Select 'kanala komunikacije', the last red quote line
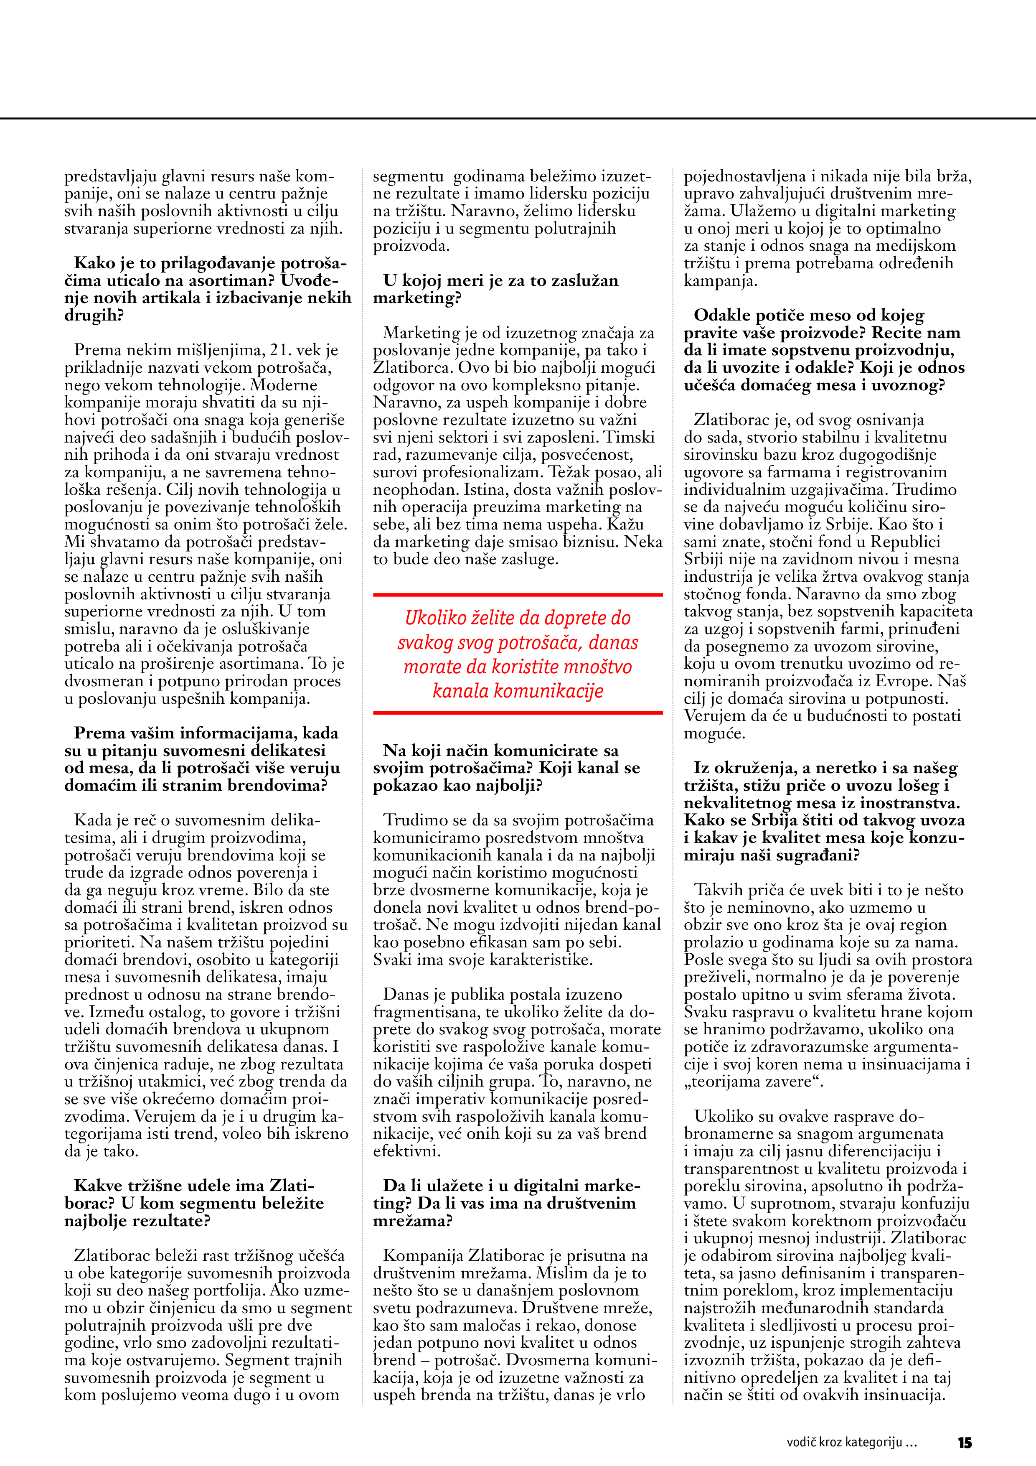[x=518, y=691]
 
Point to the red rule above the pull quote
[x=518, y=595]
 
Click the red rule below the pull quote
[x=518, y=713]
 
